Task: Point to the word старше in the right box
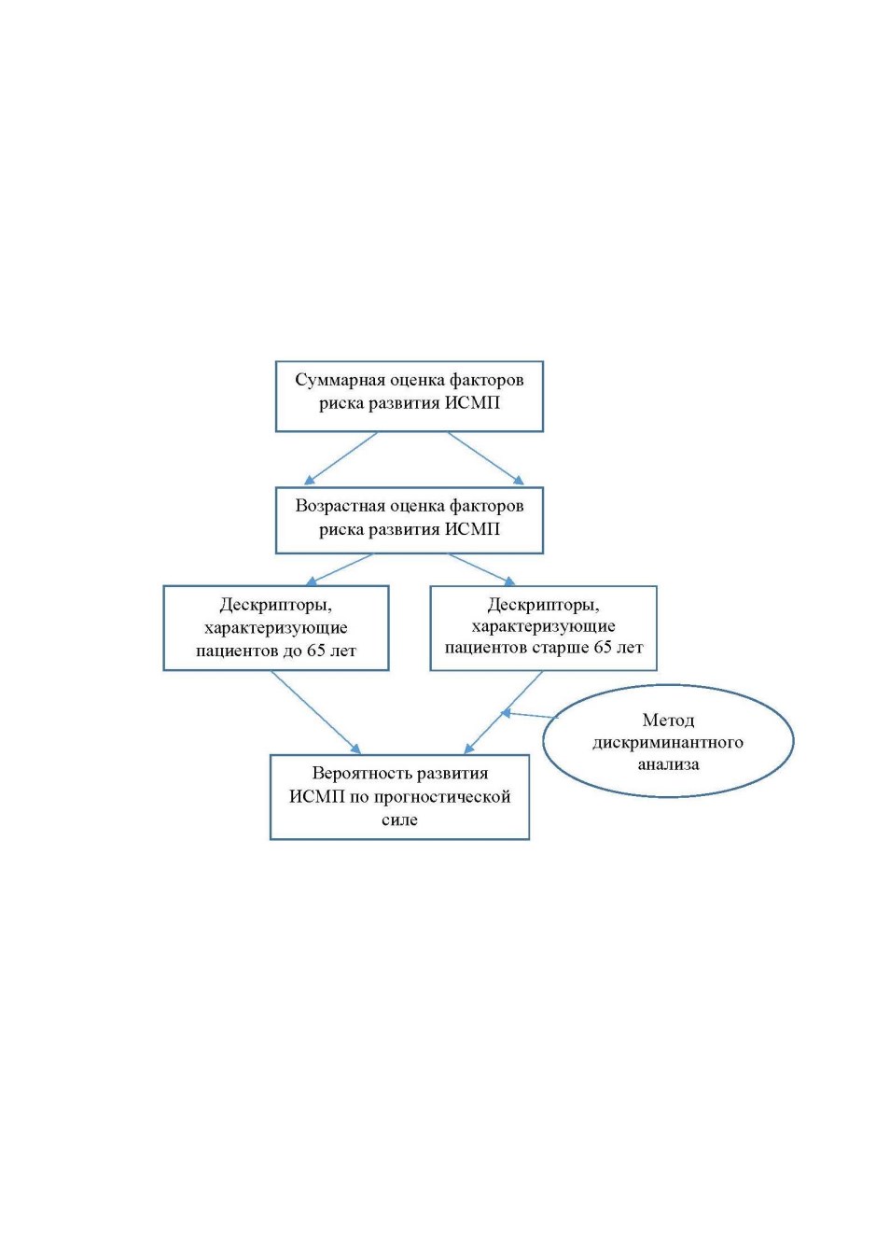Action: coord(559,647)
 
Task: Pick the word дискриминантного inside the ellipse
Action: coord(668,742)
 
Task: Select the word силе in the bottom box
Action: coord(399,819)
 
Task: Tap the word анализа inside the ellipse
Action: coord(668,763)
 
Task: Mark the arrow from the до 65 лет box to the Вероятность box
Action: coord(316,711)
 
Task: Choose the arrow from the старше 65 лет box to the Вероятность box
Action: coord(503,711)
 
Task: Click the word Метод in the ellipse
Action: coord(668,720)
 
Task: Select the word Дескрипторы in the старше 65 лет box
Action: coord(543,605)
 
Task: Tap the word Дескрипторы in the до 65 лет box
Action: coord(276,605)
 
